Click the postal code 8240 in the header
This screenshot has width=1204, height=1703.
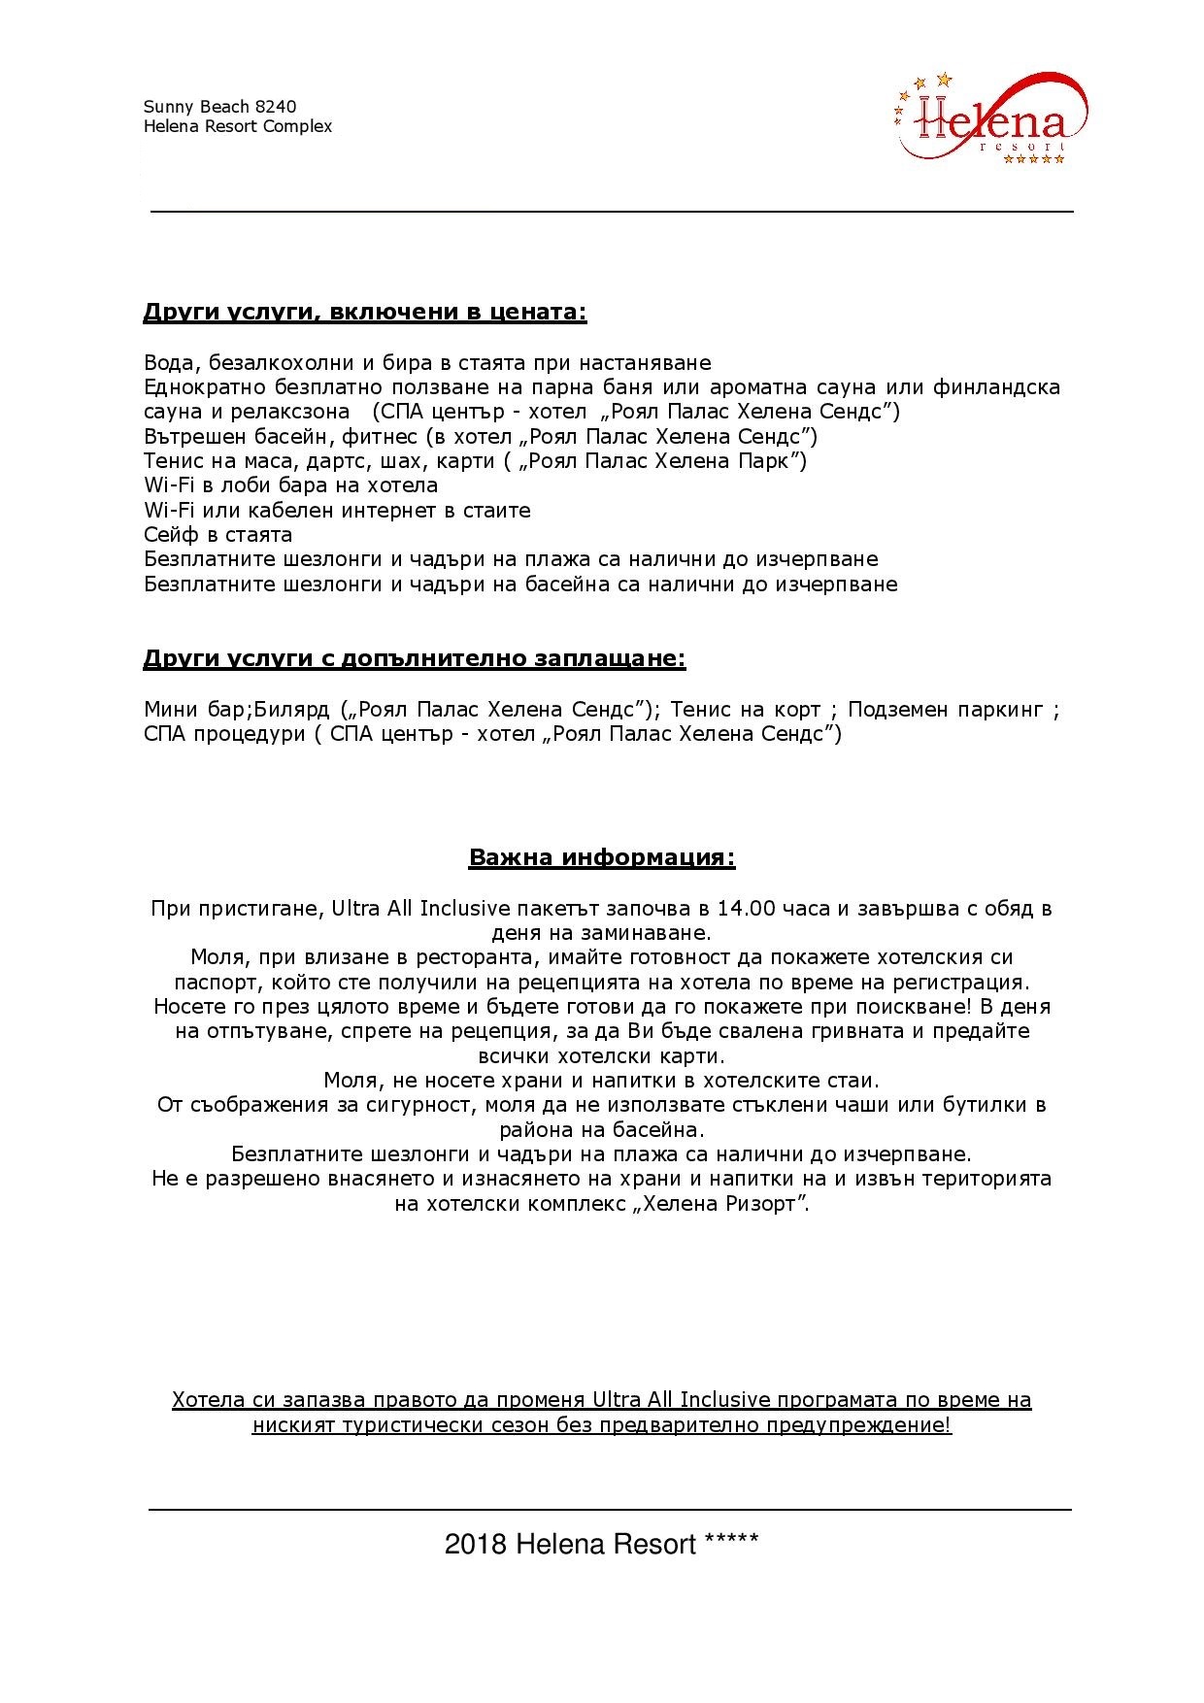pos(278,107)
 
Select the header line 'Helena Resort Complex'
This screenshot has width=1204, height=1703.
pos(238,126)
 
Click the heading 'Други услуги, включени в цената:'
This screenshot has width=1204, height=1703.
pos(365,313)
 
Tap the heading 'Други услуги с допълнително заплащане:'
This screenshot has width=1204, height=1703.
pos(415,659)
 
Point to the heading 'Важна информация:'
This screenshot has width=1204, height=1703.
pos(602,858)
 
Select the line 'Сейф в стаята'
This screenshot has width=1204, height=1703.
pos(217,535)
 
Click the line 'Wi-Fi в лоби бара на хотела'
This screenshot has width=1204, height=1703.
pos(290,485)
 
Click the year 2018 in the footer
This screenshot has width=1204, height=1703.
pos(476,1545)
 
